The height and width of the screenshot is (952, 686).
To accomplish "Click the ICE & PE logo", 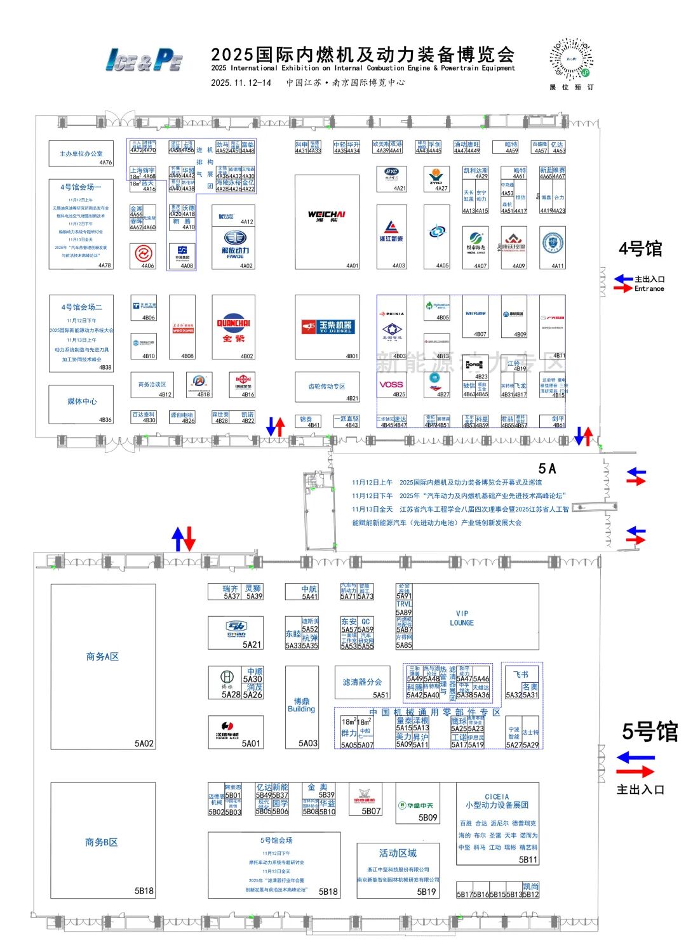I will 144,60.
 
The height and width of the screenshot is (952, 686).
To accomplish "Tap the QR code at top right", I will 571,59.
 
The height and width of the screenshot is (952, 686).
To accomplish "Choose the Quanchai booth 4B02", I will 234,327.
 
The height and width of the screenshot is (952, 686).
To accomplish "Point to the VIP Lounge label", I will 461,618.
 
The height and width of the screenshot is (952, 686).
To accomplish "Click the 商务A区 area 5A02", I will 103,666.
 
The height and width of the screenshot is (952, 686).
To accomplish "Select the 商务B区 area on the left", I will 103,842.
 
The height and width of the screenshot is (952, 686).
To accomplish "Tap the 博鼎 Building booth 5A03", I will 302,706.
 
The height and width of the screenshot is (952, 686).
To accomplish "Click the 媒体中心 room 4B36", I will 82,403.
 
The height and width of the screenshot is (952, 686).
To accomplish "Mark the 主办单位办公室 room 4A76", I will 81,154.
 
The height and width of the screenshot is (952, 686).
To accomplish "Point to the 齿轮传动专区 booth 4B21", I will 326,387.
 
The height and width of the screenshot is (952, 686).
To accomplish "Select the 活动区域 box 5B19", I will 398,869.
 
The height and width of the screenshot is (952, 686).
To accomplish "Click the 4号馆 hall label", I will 640,249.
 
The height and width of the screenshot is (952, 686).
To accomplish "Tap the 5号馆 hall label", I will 649,732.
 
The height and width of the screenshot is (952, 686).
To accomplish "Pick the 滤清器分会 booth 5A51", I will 362,683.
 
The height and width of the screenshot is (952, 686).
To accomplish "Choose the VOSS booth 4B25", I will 391,385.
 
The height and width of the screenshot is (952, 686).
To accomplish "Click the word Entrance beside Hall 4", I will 649,288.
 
